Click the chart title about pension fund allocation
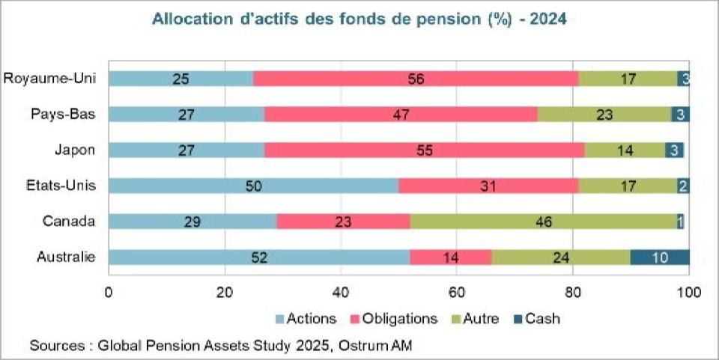tap(359, 19)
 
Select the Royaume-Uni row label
tap(49, 79)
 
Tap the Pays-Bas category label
tap(63, 114)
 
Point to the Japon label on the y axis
tap(76, 150)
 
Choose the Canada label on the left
tap(70, 222)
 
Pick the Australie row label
tap(66, 257)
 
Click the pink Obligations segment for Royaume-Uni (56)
tap(416, 79)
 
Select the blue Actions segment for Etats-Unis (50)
tap(253, 186)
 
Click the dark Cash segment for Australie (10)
tap(660, 257)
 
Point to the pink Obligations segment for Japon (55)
tap(424, 150)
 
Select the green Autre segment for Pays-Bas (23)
tap(604, 114)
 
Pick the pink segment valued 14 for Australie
tap(451, 257)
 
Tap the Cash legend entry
tap(536, 319)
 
